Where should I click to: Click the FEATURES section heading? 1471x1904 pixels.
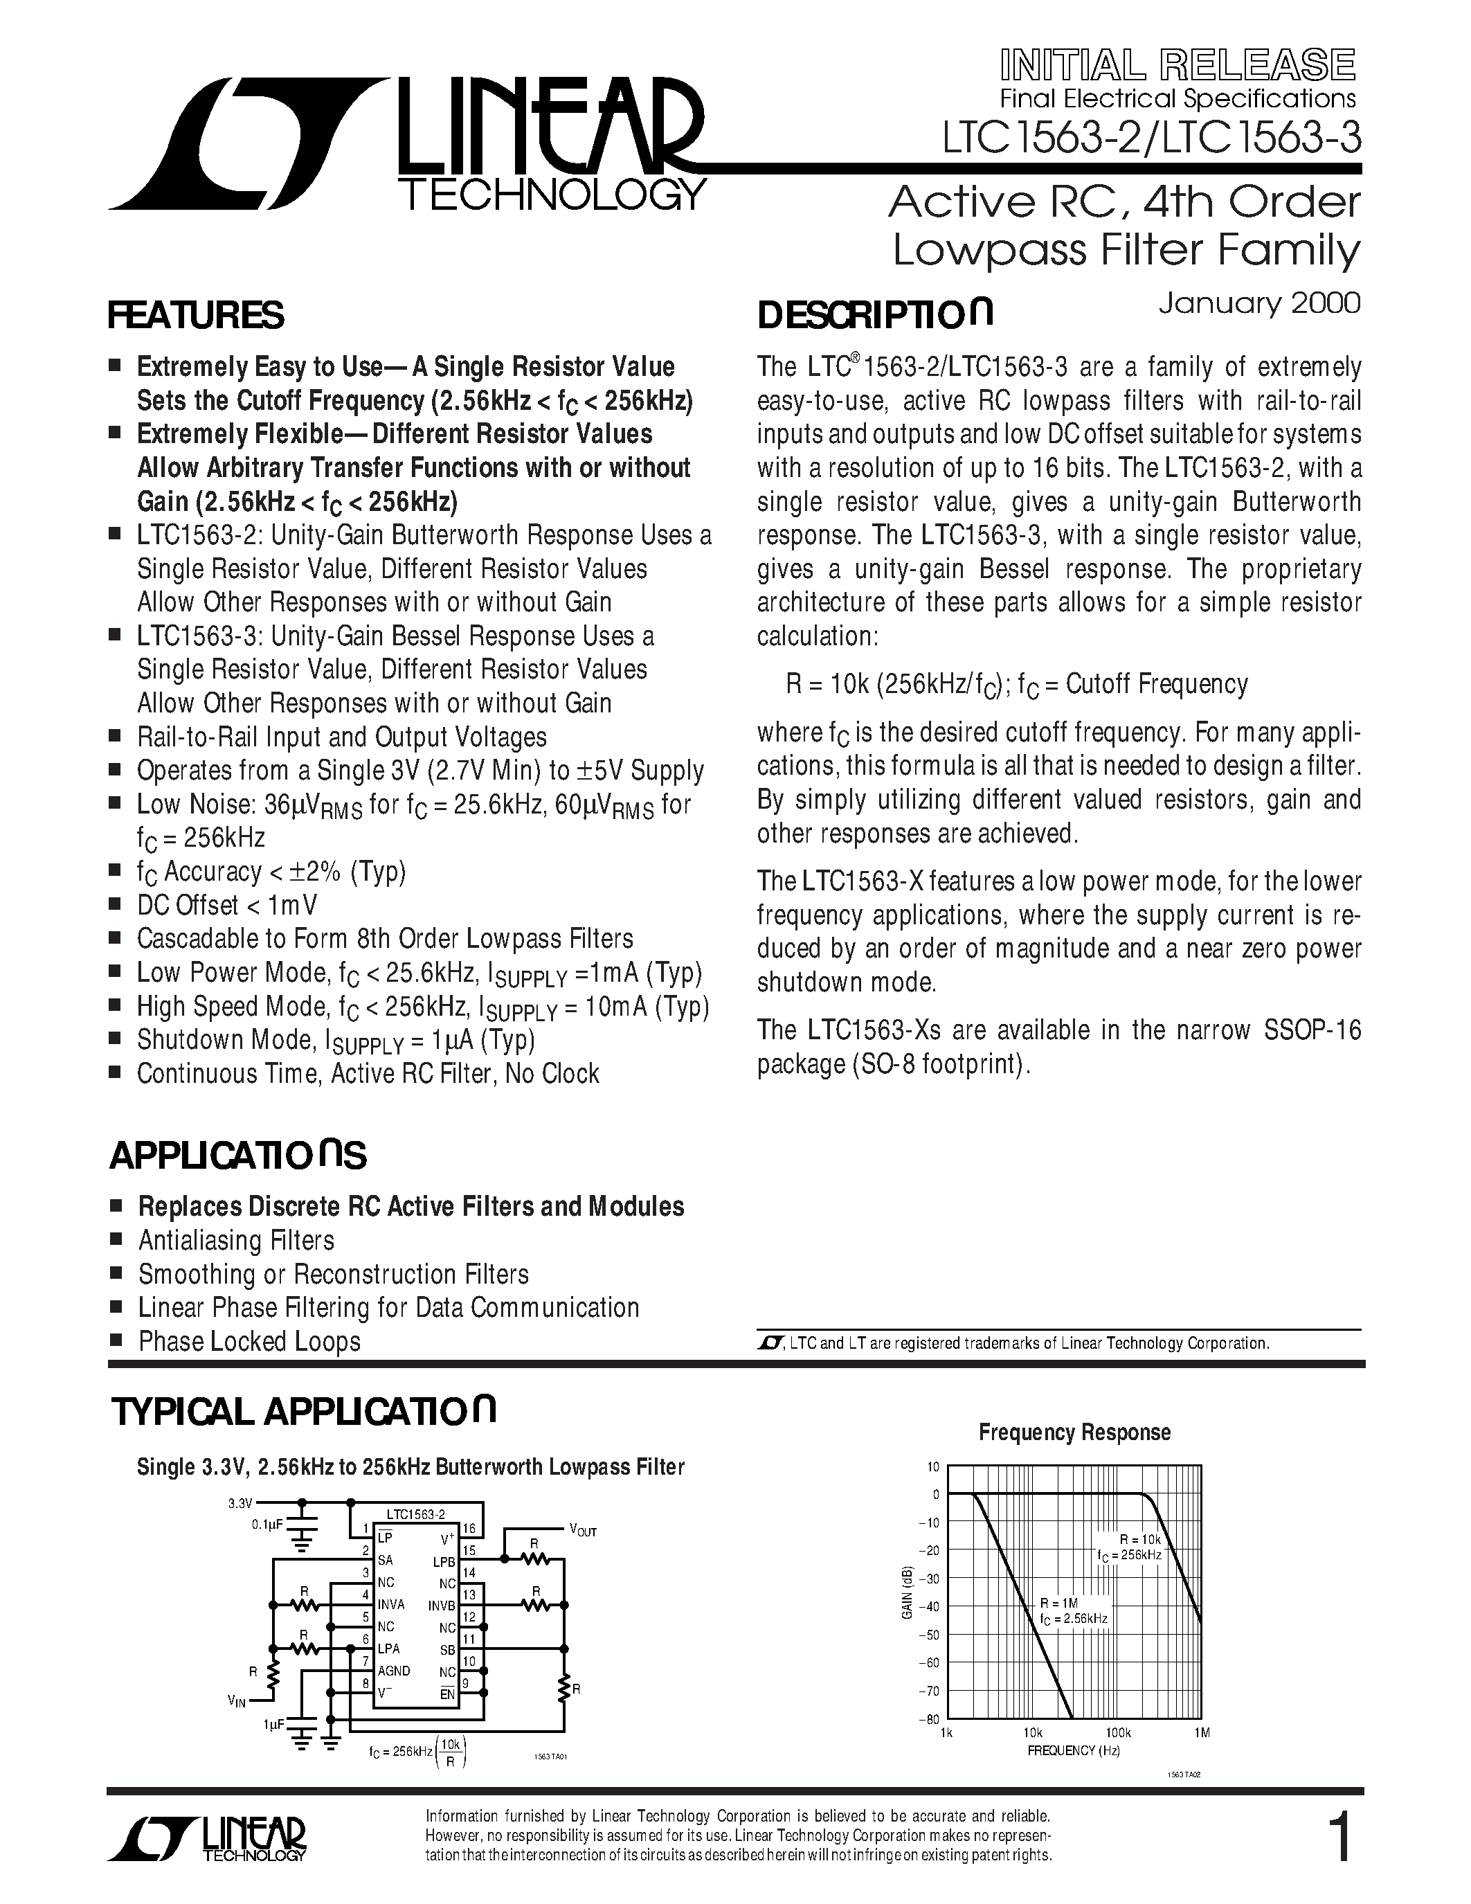point(195,316)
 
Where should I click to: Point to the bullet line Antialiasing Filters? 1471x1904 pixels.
point(236,1240)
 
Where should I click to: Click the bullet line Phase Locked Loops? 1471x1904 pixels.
point(249,1341)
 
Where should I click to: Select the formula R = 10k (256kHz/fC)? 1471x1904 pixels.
point(898,684)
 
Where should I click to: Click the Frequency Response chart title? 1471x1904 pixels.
point(1074,1433)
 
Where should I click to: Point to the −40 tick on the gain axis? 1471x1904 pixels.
point(930,1607)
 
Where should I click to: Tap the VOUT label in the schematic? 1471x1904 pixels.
point(582,1531)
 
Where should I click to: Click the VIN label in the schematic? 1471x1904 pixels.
point(236,1701)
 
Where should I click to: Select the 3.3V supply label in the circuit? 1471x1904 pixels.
point(240,1503)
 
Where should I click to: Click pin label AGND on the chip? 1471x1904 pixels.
point(394,1671)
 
